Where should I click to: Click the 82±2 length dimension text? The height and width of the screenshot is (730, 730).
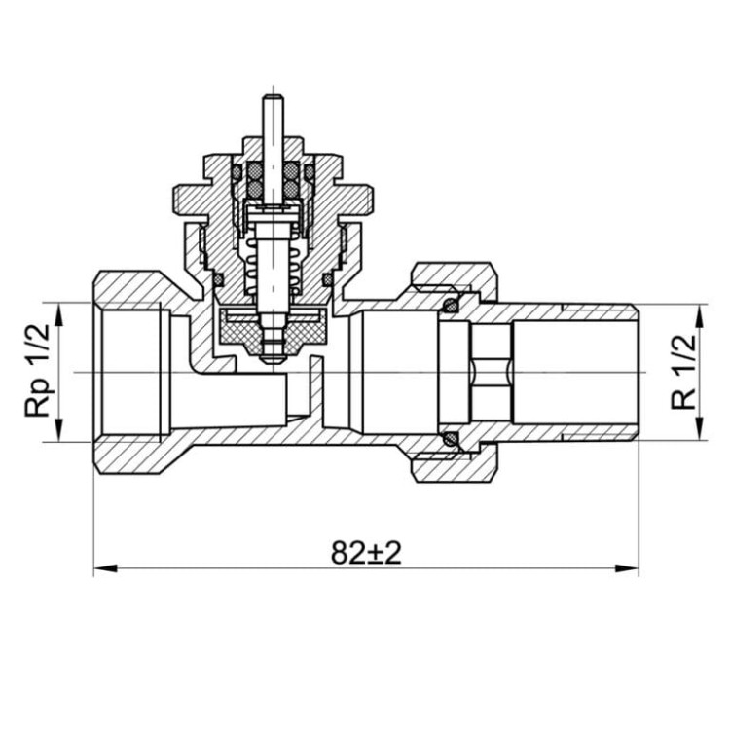tap(366, 553)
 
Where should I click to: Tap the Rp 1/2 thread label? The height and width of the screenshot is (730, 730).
tap(37, 370)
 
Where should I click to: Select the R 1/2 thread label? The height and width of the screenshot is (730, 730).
tap(683, 372)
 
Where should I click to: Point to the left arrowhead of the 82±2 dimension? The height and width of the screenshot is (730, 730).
tap(105, 568)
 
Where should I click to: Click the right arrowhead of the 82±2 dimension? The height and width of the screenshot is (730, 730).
tap(627, 568)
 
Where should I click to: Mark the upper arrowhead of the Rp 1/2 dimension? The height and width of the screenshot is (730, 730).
tap(58, 314)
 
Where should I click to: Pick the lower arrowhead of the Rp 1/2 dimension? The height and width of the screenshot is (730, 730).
tap(58, 429)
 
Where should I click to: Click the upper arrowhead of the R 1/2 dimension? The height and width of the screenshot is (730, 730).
tap(698, 316)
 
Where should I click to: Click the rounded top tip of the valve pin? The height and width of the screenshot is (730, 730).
tap(273, 96)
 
